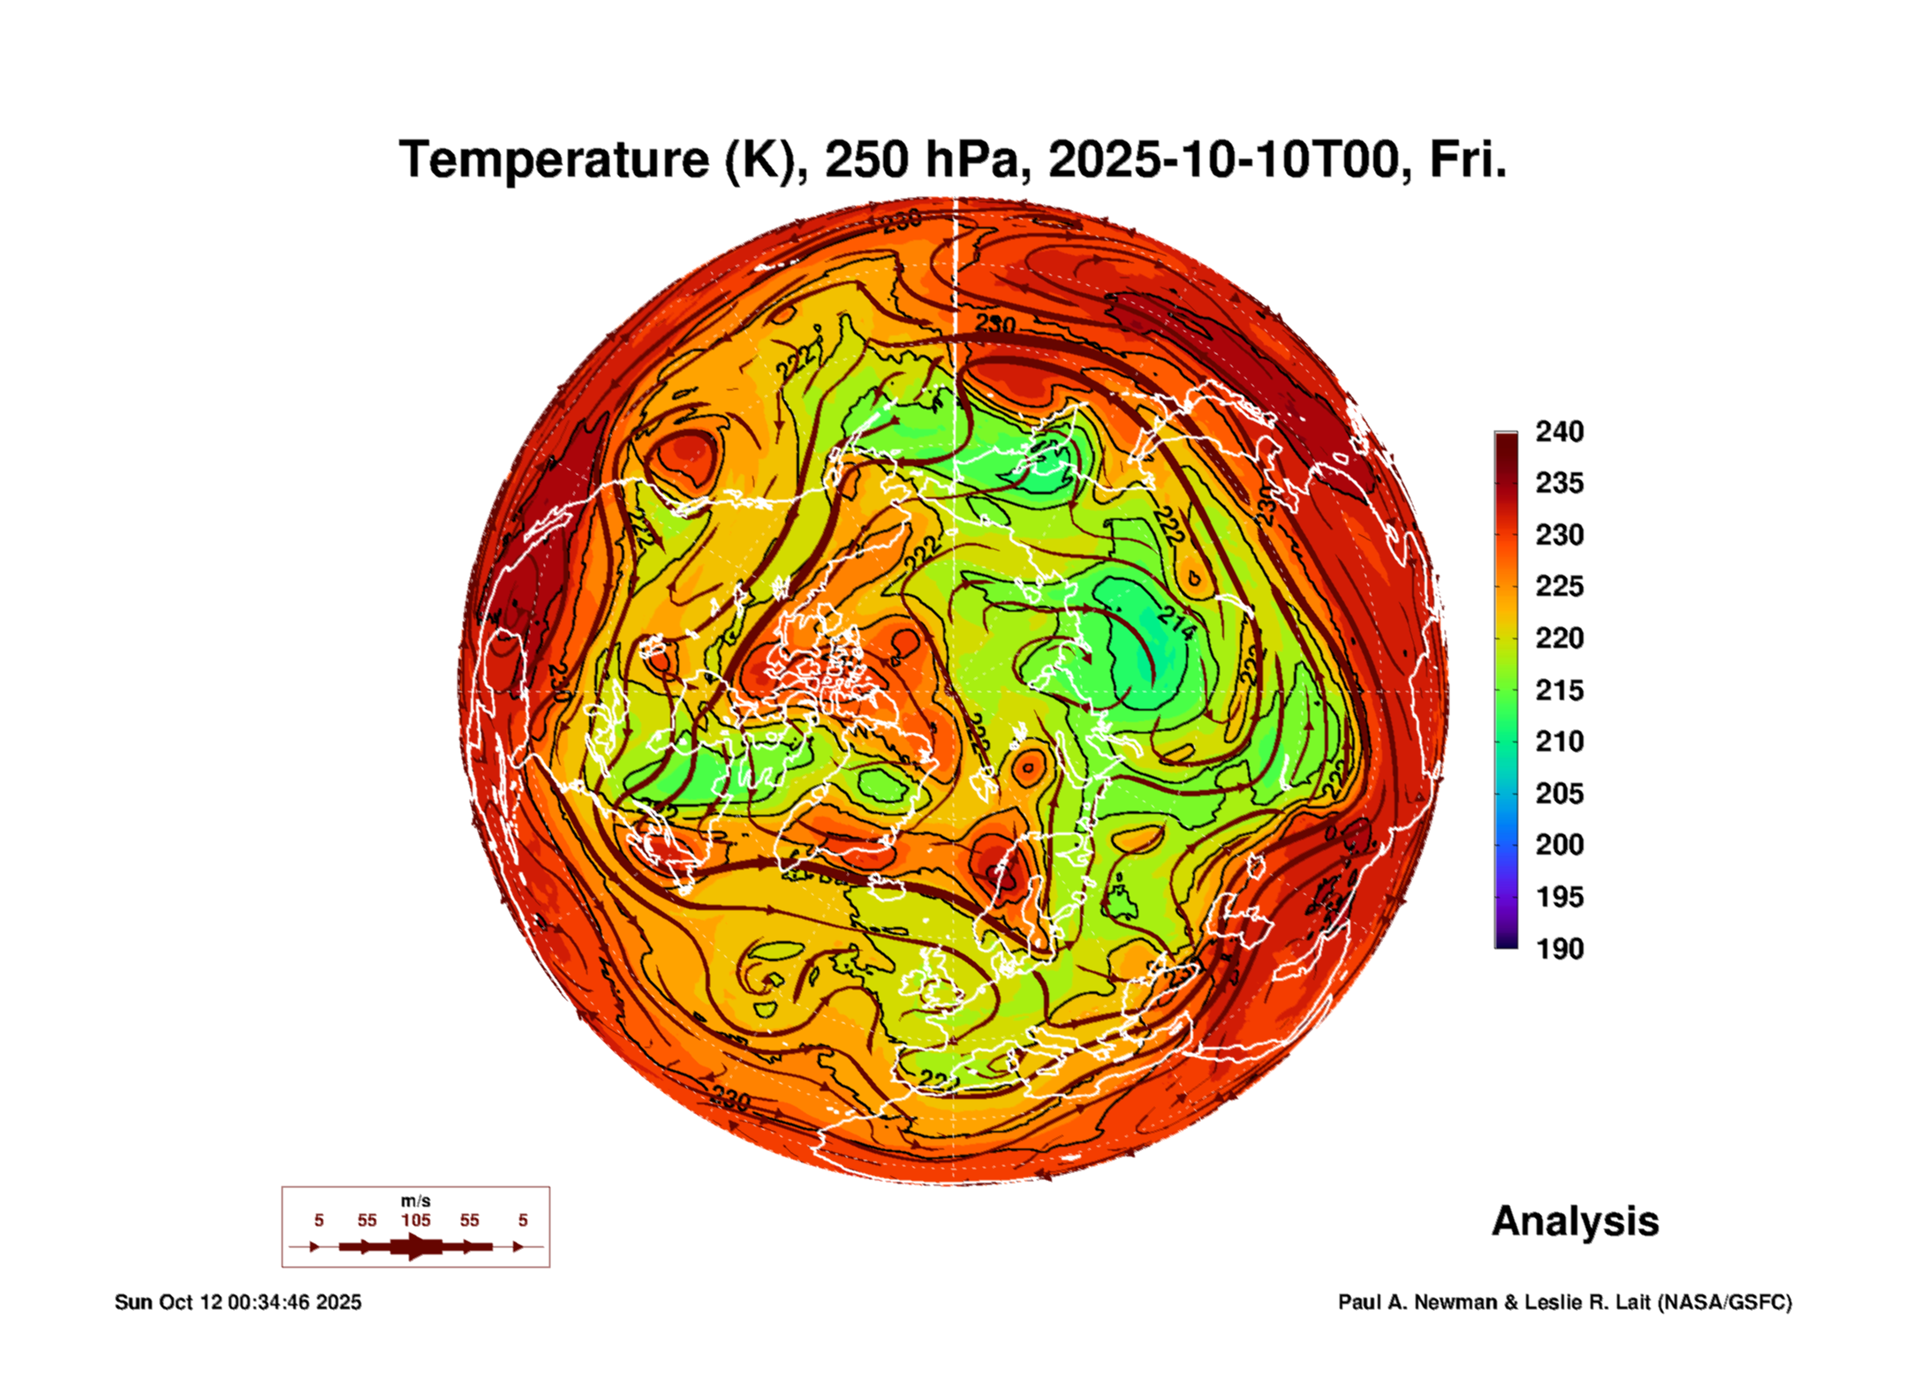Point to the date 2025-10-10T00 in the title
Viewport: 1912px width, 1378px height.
tap(1223, 160)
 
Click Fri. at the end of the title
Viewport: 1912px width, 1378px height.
tap(1467, 160)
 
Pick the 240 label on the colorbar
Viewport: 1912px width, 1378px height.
tap(1559, 432)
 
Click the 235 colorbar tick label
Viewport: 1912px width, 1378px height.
tap(1559, 483)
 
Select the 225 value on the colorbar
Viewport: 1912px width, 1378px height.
tap(1559, 586)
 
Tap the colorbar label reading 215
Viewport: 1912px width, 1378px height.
tap(1559, 689)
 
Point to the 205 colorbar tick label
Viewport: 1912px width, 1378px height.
tap(1559, 793)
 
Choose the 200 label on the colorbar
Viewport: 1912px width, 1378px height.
tap(1559, 845)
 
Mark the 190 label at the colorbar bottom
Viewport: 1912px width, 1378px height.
tap(1559, 948)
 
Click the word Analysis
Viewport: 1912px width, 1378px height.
tap(1575, 1221)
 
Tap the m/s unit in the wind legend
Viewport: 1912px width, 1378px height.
tap(415, 1201)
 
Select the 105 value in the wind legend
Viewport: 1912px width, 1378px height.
tap(415, 1220)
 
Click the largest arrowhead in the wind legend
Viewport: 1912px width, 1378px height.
tap(415, 1246)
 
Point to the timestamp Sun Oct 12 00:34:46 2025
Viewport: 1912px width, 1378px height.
tap(238, 1302)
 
